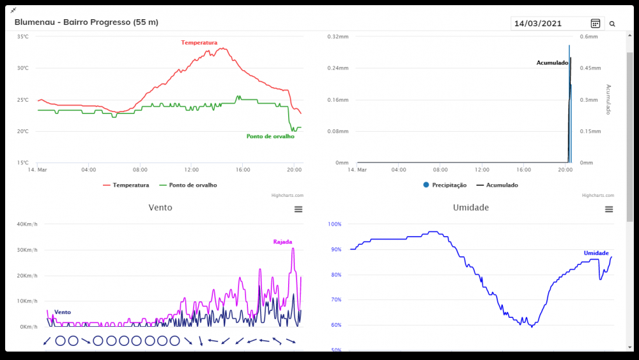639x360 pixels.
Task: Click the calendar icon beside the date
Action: coord(596,24)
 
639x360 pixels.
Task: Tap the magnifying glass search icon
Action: coord(612,24)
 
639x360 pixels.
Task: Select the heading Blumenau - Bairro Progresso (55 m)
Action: coord(86,22)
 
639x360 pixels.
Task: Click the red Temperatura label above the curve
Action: coord(199,43)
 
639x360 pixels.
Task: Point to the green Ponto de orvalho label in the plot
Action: coord(270,136)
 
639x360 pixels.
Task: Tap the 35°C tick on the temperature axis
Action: coord(22,37)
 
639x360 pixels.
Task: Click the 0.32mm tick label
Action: coord(338,37)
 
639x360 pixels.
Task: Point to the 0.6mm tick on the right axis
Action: coord(589,37)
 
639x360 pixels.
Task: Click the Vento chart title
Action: coord(160,208)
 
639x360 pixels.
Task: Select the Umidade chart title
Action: coord(471,208)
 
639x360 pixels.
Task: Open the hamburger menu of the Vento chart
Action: coord(298,209)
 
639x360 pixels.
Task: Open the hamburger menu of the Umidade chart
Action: coord(609,209)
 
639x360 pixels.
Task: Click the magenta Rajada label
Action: coord(282,242)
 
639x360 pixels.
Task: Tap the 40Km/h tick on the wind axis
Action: coord(27,224)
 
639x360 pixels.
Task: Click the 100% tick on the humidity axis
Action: coord(335,224)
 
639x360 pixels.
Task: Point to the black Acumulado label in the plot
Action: coord(552,63)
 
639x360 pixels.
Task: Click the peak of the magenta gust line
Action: coord(293,248)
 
